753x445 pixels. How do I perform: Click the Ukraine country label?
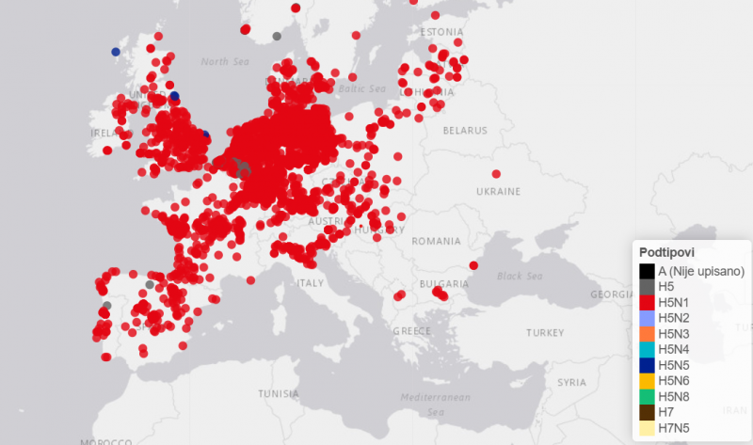[497, 191]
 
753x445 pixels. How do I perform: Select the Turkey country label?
[544, 333]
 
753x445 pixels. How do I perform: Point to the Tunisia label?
[279, 393]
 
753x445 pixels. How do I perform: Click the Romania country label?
[437, 242]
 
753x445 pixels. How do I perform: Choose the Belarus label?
[465, 130]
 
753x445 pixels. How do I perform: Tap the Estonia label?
[442, 31]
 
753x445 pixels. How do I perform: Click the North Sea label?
[227, 62]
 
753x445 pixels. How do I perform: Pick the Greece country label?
[411, 331]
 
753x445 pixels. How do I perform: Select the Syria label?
[570, 383]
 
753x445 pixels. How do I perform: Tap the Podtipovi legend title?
[666, 253]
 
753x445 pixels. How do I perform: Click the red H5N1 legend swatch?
[647, 302]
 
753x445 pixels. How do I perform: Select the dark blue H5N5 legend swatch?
[647, 364]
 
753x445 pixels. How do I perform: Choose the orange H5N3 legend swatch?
[647, 333]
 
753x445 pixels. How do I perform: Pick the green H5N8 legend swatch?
[647, 395]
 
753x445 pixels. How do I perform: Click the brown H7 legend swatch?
[647, 411]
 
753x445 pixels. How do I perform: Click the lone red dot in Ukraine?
[496, 173]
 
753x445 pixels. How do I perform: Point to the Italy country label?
[310, 283]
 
